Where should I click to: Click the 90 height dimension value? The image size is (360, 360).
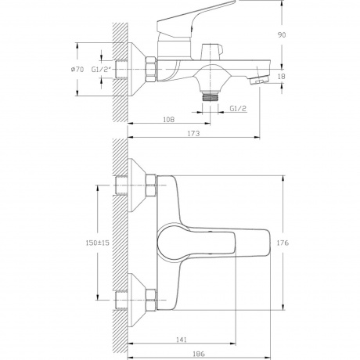282,34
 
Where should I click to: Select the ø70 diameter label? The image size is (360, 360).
77,70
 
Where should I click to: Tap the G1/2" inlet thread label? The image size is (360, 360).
102,70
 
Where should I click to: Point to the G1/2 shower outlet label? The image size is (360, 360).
238,108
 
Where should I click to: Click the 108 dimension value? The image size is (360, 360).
168,120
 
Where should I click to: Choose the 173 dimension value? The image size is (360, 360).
193,133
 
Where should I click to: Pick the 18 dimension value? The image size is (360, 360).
282,77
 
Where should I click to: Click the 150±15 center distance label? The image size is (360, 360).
97,243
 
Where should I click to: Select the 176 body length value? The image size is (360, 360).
283,243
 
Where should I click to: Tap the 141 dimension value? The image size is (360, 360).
182,340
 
